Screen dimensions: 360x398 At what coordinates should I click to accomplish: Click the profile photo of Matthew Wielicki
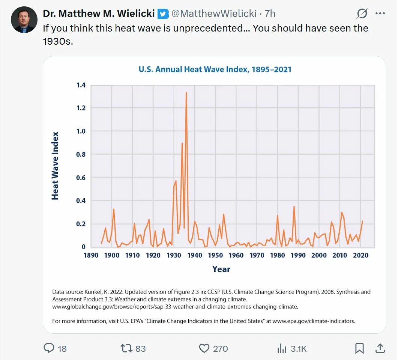pyautogui.click(x=24, y=20)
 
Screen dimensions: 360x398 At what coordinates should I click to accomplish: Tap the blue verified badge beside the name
pyautogui.click(x=163, y=14)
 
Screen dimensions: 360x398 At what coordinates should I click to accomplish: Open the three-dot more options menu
pyautogui.click(x=380, y=14)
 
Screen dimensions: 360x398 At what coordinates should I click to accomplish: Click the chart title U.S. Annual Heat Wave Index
pyautogui.click(x=215, y=69)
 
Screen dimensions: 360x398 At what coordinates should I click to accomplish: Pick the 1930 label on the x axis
pyautogui.click(x=174, y=255)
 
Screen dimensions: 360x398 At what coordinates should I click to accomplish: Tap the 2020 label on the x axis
pyautogui.click(x=360, y=255)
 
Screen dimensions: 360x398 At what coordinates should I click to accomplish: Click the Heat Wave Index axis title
pyautogui.click(x=56, y=166)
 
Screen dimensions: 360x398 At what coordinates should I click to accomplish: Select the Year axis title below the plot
pyautogui.click(x=221, y=269)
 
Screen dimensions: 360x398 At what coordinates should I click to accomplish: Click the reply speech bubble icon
pyautogui.click(x=49, y=348)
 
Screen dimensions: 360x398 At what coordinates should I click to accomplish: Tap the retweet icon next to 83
pyautogui.click(x=126, y=348)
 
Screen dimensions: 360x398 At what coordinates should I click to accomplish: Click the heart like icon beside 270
pyautogui.click(x=204, y=348)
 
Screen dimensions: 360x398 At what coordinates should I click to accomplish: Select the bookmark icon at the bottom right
pyautogui.click(x=359, y=348)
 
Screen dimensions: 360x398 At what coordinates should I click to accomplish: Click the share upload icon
pyautogui.click(x=380, y=348)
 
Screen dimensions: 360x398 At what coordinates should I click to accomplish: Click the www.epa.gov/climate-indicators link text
pyautogui.click(x=313, y=321)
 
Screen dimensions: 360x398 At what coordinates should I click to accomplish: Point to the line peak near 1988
pyautogui.click(x=294, y=207)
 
